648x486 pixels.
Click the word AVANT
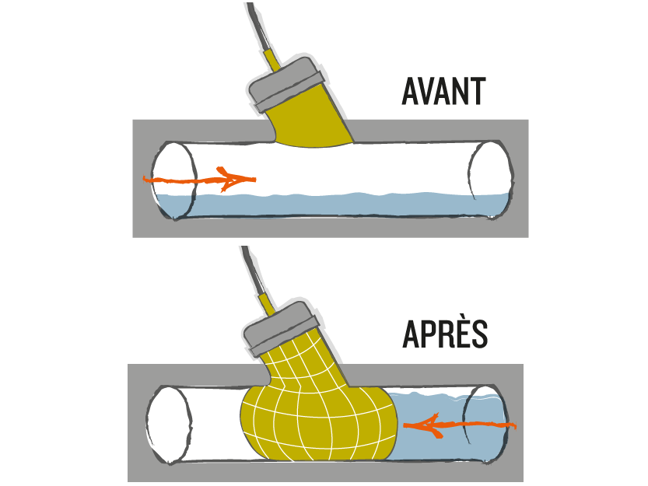pyautogui.click(x=443, y=91)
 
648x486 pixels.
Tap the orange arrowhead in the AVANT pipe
pyautogui.click(x=236, y=180)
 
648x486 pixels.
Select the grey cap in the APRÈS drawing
pyautogui.click(x=281, y=328)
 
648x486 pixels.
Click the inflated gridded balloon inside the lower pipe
pyautogui.click(x=318, y=421)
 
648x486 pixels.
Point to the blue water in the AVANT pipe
pyautogui.click(x=331, y=205)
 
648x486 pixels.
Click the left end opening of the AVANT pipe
pyautogui.click(x=173, y=180)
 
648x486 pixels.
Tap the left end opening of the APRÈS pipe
pyautogui.click(x=170, y=425)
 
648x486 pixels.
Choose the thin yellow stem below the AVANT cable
pyautogui.click(x=272, y=60)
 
